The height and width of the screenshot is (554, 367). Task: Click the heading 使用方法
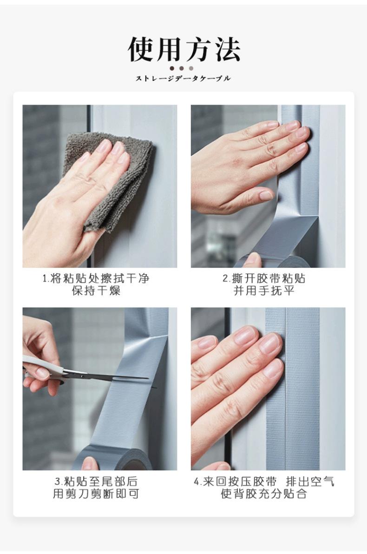(x=184, y=49)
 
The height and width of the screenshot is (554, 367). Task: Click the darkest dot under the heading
(x=172, y=68)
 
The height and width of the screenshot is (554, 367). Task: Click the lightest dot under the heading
(x=191, y=68)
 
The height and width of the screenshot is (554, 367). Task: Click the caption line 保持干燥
(x=96, y=290)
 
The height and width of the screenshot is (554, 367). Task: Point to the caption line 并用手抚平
(x=264, y=290)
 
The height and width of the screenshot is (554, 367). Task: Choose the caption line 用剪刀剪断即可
(x=96, y=494)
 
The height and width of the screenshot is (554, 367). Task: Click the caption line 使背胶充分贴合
(x=264, y=494)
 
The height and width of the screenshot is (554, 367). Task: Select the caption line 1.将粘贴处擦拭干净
(x=96, y=278)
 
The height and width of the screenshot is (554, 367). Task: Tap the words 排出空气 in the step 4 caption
(x=310, y=481)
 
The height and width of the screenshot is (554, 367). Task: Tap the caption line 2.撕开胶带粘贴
(x=264, y=278)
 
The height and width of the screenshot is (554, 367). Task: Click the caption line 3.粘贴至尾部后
(x=96, y=481)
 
